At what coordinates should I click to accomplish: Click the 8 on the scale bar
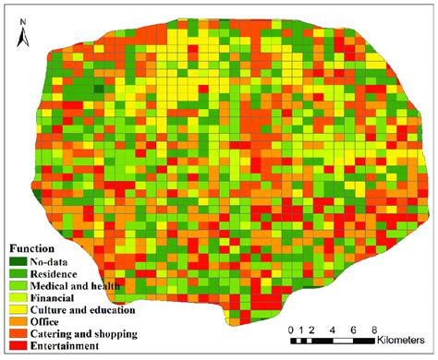(x=373, y=329)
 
